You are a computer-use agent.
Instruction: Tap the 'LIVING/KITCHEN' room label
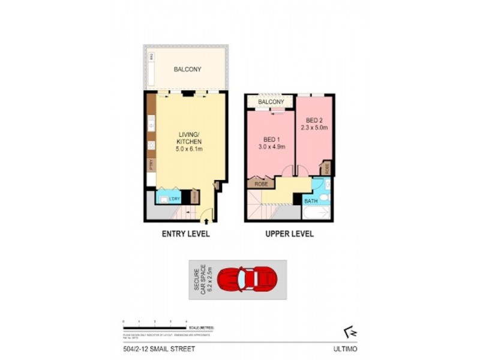186,137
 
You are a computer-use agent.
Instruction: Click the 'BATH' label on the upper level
311,202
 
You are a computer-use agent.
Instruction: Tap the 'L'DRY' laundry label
175,199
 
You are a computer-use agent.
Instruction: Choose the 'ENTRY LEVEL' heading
186,234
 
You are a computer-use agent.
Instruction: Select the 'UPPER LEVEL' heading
289,234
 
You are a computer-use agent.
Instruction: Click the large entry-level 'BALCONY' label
187,70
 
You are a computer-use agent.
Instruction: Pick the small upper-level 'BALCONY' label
271,103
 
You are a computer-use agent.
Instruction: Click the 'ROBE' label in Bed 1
261,184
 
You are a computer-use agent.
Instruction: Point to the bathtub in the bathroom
317,213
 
